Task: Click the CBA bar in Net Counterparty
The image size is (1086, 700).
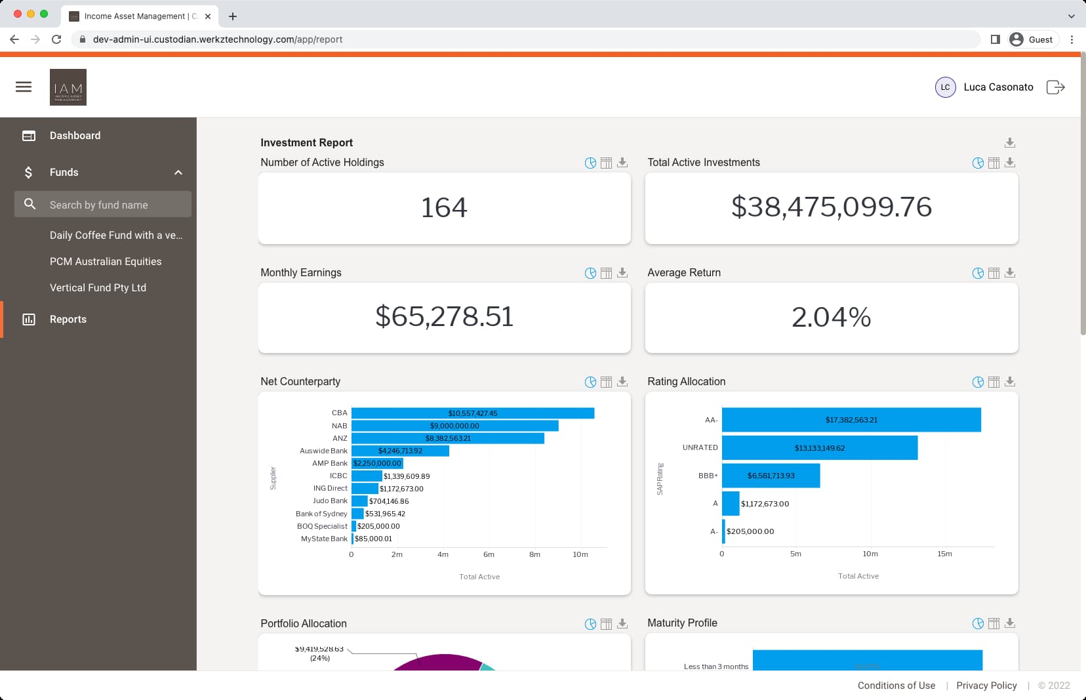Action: [x=472, y=413]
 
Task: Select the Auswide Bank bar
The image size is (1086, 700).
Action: [x=400, y=451]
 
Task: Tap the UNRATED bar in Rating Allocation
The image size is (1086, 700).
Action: [x=819, y=448]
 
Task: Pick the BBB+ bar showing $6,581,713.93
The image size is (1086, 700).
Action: [x=771, y=476]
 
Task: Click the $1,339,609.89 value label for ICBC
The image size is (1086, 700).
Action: [x=407, y=476]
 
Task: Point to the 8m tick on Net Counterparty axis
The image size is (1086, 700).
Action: [x=534, y=554]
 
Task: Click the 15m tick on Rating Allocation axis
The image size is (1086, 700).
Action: [x=944, y=554]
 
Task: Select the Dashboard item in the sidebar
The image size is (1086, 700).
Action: [x=75, y=136]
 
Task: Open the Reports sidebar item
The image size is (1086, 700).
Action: [x=68, y=319]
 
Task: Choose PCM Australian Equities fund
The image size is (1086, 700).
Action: [x=106, y=261]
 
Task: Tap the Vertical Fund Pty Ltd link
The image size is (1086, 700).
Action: [x=98, y=287]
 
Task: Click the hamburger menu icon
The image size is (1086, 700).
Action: [x=24, y=87]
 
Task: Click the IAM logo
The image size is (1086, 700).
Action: [x=68, y=87]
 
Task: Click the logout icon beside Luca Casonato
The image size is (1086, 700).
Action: [x=1055, y=87]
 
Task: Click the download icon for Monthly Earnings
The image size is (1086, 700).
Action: [x=622, y=273]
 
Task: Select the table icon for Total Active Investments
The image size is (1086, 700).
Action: [x=994, y=163]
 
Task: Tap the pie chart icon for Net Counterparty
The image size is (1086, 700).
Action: [x=590, y=382]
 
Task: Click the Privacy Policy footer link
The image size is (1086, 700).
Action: [x=986, y=686]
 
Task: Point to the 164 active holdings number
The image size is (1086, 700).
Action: [x=444, y=208]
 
